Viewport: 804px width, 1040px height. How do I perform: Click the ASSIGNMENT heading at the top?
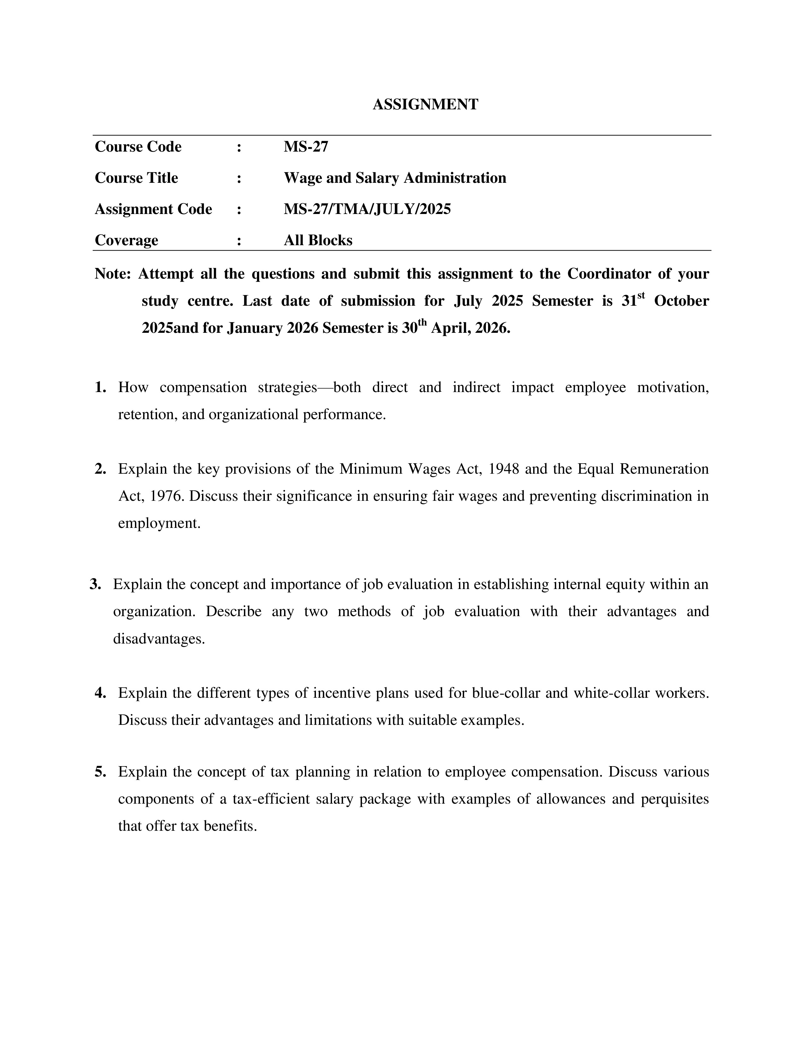(425, 104)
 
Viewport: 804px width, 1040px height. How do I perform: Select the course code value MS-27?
(306, 147)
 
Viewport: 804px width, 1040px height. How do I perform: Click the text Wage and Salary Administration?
(395, 178)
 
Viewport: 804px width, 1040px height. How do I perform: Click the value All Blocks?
(318, 240)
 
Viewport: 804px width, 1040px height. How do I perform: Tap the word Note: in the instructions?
(113, 274)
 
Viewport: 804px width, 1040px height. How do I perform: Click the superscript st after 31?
(641, 295)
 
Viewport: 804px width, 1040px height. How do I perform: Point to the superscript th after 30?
(422, 322)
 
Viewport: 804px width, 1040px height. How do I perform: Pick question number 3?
(95, 584)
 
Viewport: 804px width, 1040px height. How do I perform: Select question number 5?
(100, 771)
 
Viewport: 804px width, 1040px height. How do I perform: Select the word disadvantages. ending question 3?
(159, 638)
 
